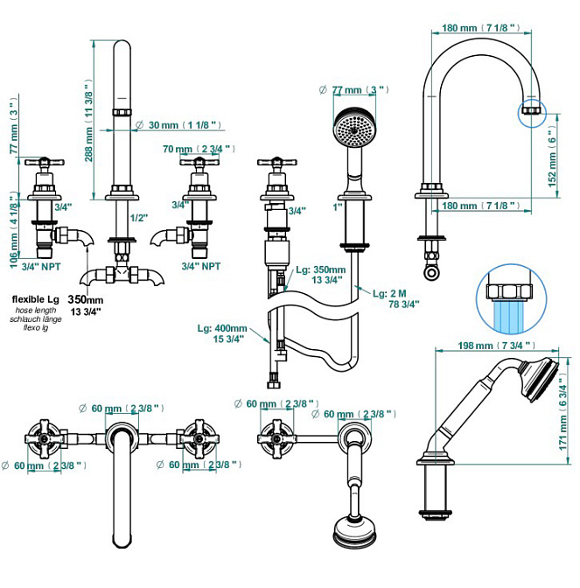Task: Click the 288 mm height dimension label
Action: coord(88,121)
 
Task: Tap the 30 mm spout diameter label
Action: coord(178,125)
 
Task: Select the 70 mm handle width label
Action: coord(199,149)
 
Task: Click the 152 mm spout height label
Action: coord(552,157)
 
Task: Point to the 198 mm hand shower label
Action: coord(497,346)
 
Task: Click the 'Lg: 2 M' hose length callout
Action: coord(390,293)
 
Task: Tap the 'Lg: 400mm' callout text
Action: coord(222,328)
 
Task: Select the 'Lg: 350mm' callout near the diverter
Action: coord(321,269)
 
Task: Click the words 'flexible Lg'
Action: coord(36,299)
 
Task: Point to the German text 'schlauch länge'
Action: coord(36,319)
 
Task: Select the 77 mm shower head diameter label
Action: coord(354,90)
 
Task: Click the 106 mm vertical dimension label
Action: coord(14,232)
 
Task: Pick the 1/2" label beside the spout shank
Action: coord(139,218)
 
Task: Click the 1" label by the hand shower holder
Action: coord(338,207)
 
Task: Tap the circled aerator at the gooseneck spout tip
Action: coord(532,110)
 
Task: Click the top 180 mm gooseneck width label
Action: coord(481,28)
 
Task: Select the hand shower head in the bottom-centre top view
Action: coord(354,532)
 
